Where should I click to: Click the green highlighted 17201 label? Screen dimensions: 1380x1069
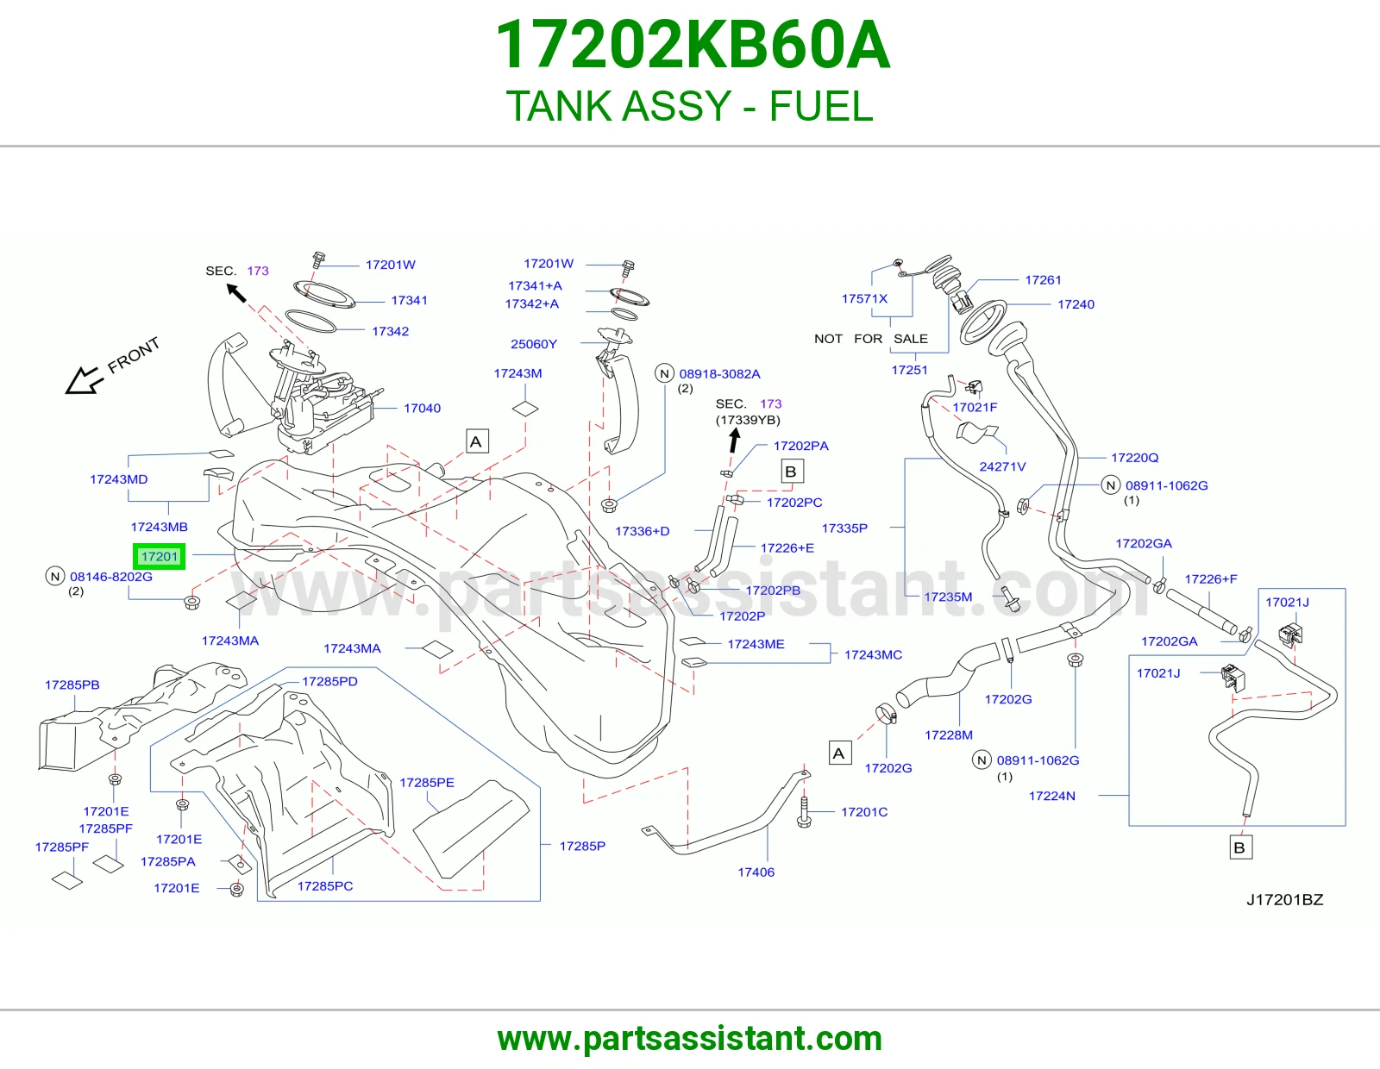[x=159, y=557]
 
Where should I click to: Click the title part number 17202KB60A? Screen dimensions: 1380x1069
[x=693, y=45]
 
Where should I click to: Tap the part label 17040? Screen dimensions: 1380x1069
[x=422, y=408]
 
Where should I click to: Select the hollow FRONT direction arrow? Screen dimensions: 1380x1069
[x=84, y=380]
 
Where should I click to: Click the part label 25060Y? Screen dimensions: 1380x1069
[x=533, y=344]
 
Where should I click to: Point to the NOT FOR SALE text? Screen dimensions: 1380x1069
[x=870, y=339]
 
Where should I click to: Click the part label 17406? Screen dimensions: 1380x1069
[x=756, y=872]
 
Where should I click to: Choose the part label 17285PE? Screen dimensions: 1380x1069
[x=427, y=783]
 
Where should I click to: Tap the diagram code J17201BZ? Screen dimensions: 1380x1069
[x=1285, y=899]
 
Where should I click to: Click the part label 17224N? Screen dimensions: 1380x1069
[x=1051, y=796]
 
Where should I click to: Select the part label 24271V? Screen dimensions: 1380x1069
[x=1002, y=466]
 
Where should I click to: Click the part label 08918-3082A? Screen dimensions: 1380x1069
[x=719, y=374]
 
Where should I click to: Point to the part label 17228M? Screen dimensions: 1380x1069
[x=948, y=735]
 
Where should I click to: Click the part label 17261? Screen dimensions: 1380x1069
[x=1043, y=280]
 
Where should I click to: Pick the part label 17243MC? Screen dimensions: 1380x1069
[x=873, y=654]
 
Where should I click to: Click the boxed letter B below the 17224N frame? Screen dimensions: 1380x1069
[x=1239, y=848]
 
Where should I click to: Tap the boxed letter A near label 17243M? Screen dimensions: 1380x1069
[x=476, y=441]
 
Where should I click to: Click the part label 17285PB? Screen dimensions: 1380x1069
[x=72, y=685]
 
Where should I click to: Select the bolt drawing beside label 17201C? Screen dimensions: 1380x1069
[x=804, y=813]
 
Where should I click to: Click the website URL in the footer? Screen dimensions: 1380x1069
[x=690, y=1039]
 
